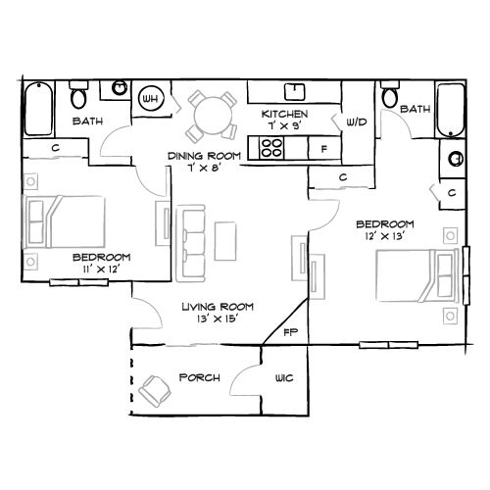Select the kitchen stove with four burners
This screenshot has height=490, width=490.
click(271, 149)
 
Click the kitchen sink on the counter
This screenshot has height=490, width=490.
click(291, 92)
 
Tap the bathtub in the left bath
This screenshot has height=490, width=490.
click(38, 104)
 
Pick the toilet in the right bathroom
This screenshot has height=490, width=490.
click(390, 95)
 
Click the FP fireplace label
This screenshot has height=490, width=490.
click(290, 333)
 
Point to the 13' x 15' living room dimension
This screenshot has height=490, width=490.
click(211, 318)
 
